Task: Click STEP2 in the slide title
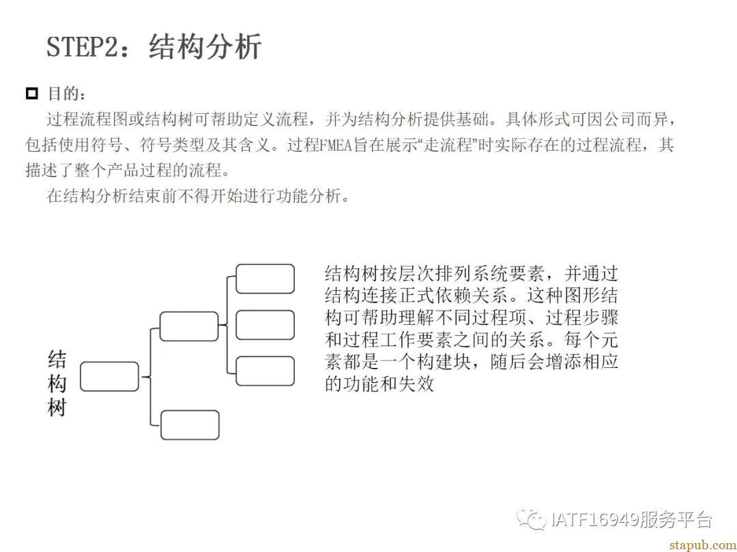(x=83, y=47)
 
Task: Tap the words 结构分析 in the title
(x=205, y=46)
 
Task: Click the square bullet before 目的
(x=31, y=93)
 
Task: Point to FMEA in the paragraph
(x=336, y=145)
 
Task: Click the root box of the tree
(x=109, y=376)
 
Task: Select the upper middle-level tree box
(x=189, y=326)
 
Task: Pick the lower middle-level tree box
(x=190, y=425)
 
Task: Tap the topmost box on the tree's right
(x=265, y=279)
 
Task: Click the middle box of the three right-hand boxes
(x=265, y=325)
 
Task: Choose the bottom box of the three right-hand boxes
(x=265, y=371)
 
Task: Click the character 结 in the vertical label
(x=57, y=360)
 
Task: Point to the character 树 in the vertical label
(x=57, y=408)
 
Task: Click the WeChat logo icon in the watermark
(x=531, y=518)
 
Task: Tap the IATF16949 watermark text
(x=595, y=519)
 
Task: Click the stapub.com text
(x=702, y=545)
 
